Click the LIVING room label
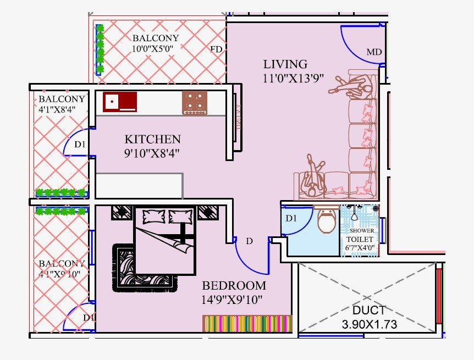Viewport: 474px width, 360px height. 285,64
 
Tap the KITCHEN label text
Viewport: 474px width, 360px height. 152,139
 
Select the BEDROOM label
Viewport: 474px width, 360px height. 234,286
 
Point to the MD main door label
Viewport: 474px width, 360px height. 374,53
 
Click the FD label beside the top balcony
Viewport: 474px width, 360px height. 217,50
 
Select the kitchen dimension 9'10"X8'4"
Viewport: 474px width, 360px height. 152,152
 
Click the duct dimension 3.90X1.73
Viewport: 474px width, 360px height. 369,324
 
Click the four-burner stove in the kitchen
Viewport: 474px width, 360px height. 195,103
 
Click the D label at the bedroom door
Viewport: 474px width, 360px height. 249,241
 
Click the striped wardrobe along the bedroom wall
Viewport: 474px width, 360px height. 247,323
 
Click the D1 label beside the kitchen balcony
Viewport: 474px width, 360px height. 80,145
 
